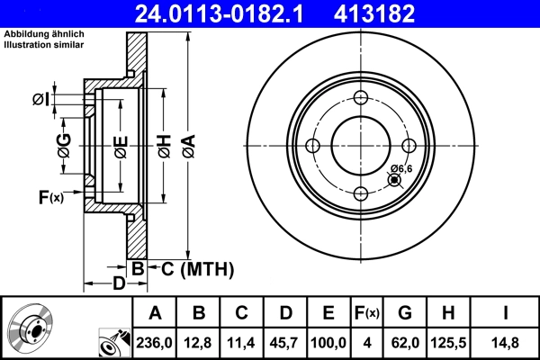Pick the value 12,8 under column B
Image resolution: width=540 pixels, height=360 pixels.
(200, 342)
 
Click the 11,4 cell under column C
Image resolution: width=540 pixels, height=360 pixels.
(242, 342)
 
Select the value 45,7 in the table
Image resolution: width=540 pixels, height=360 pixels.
(285, 342)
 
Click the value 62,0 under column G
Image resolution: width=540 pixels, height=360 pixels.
(405, 342)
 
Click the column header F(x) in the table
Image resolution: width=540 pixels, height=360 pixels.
(366, 313)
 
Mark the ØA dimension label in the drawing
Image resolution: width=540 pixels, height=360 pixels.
(187, 147)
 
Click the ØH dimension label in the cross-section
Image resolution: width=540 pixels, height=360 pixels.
(165, 147)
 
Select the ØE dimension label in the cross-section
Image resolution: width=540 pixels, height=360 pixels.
(121, 147)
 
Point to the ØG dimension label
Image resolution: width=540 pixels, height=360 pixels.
(64, 147)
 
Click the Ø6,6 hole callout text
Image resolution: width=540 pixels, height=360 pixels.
(401, 168)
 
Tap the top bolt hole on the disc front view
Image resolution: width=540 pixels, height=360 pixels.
(361, 99)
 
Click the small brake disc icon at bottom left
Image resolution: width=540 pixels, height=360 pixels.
(32, 329)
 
